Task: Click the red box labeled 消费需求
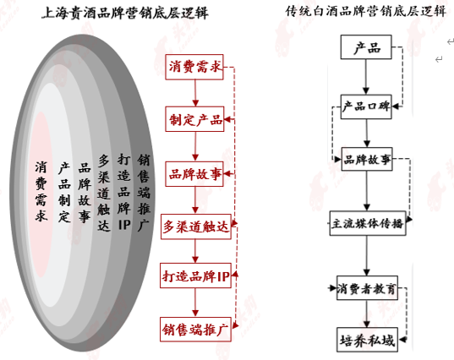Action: (194, 67)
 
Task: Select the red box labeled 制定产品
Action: (194, 119)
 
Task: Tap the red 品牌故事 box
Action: (194, 174)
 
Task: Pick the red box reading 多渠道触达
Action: (196, 226)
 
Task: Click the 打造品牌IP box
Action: (196, 275)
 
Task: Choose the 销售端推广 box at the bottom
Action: (196, 330)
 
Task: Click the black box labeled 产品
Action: (366, 47)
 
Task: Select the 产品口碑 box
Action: (366, 106)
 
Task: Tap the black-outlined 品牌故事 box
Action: (367, 159)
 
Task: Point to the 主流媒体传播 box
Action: (368, 223)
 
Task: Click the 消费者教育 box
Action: (367, 288)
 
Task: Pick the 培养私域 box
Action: (368, 340)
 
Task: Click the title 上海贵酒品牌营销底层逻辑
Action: (125, 13)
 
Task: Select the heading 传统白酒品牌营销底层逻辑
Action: (366, 12)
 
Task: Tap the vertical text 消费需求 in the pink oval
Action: (41, 191)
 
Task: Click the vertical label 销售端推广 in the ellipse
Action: (144, 193)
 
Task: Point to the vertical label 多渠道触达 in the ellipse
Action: (104, 193)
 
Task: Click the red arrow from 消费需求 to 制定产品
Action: (195, 93)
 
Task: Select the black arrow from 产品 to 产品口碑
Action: (366, 77)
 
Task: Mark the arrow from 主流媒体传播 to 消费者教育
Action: (367, 255)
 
